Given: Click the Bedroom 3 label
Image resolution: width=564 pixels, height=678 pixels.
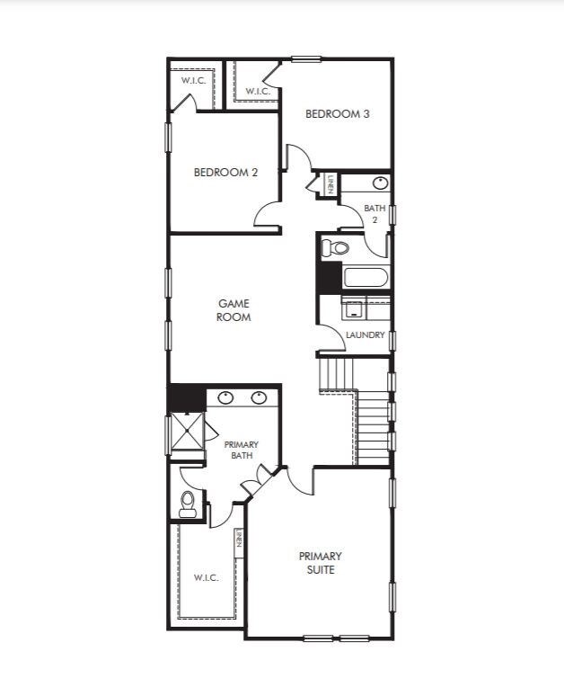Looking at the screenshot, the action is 338,114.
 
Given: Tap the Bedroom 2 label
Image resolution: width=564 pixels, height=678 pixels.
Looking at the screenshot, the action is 225,173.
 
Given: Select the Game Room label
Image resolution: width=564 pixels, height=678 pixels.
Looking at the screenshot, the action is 234,310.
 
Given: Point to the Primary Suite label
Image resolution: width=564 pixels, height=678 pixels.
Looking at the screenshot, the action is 321,563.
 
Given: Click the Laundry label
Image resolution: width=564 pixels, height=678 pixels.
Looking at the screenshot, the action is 366,335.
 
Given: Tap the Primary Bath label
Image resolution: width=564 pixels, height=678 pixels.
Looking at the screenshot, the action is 242,450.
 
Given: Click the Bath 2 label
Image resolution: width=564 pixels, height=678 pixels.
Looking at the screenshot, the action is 375,214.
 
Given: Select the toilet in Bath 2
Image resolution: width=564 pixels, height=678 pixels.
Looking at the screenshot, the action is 335,248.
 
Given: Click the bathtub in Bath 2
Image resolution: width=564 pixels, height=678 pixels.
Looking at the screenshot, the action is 366,278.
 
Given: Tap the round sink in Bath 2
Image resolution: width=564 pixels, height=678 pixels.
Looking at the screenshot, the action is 381,183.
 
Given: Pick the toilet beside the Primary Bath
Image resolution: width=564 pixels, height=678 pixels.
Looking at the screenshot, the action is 188,504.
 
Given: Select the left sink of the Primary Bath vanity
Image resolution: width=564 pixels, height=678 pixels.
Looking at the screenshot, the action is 225,397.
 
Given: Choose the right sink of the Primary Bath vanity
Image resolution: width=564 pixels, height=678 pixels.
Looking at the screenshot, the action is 260,397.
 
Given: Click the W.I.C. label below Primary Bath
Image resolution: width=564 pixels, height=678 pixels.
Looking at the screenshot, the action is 206,577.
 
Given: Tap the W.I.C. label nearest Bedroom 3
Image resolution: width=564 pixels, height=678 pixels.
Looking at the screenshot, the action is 258,91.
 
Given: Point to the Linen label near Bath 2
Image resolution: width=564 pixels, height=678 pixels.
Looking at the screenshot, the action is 330,183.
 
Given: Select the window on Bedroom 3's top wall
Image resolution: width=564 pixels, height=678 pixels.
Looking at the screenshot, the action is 306,59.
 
